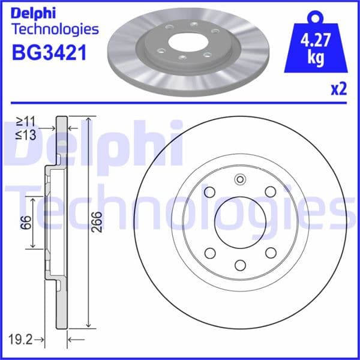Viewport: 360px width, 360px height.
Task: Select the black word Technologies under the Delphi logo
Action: tap(55, 29)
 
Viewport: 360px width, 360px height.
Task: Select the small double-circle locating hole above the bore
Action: tap(240, 178)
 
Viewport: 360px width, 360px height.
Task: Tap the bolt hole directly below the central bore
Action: tap(240, 265)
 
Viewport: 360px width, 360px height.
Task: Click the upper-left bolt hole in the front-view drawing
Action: tap(209, 191)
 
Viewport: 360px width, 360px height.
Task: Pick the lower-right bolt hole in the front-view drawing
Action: tap(271, 253)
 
